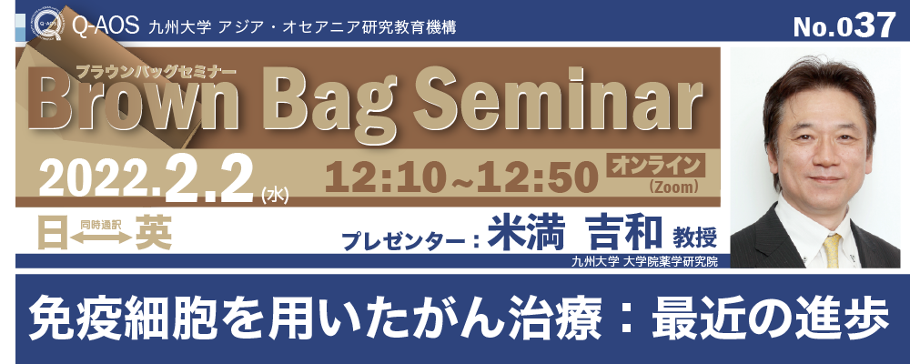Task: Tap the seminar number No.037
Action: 844,25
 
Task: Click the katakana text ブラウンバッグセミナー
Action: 157,73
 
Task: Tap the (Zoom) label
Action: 673,187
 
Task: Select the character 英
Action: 153,233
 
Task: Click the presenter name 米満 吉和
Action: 574,233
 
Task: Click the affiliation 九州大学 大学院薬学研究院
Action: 643,262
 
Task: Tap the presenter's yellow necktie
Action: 833,251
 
